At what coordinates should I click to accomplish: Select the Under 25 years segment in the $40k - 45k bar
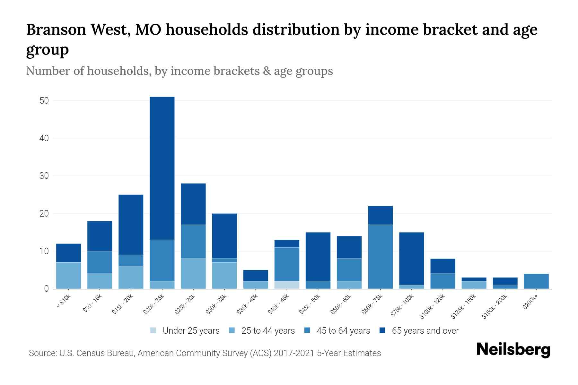coord(287,285)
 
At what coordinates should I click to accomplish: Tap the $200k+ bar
coord(536,281)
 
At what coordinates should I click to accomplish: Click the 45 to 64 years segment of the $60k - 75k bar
coord(380,257)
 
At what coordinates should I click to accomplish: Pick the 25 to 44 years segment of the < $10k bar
coord(68,275)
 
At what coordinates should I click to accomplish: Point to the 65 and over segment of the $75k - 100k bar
coord(411,258)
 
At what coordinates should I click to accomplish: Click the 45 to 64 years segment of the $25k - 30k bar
coord(193,241)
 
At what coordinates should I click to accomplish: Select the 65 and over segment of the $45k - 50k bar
coord(318,257)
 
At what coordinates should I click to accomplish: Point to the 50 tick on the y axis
coord(44,101)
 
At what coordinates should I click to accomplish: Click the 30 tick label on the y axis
coord(44,176)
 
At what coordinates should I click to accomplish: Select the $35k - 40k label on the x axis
coord(248,305)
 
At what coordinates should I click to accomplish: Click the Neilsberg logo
coord(513,350)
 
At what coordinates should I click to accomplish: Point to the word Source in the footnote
coord(42,353)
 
